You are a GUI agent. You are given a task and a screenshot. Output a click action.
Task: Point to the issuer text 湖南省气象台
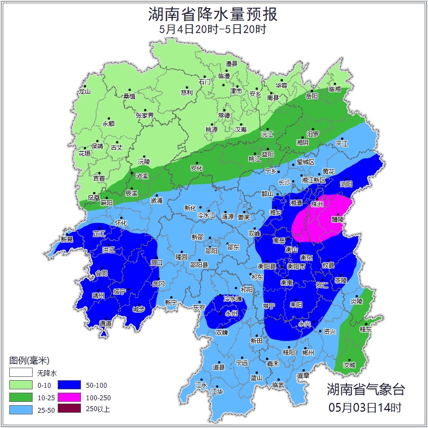pos(365,389)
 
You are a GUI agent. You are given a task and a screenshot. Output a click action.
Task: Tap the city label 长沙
pos(284,183)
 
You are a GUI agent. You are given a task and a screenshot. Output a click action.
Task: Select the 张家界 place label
pos(145,115)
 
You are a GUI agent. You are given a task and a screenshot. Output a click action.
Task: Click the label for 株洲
pos(317,204)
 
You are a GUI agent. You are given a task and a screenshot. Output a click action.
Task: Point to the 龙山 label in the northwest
pos(85,92)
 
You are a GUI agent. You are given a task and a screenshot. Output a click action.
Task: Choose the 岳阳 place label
pos(311,96)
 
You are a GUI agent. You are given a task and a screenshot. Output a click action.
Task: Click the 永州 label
pos(232,313)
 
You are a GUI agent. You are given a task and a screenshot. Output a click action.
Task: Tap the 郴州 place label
pos(308,353)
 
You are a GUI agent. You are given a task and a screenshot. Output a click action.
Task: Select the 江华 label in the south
pos(217,392)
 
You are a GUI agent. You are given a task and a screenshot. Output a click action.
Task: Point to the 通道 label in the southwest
pos(105,324)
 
